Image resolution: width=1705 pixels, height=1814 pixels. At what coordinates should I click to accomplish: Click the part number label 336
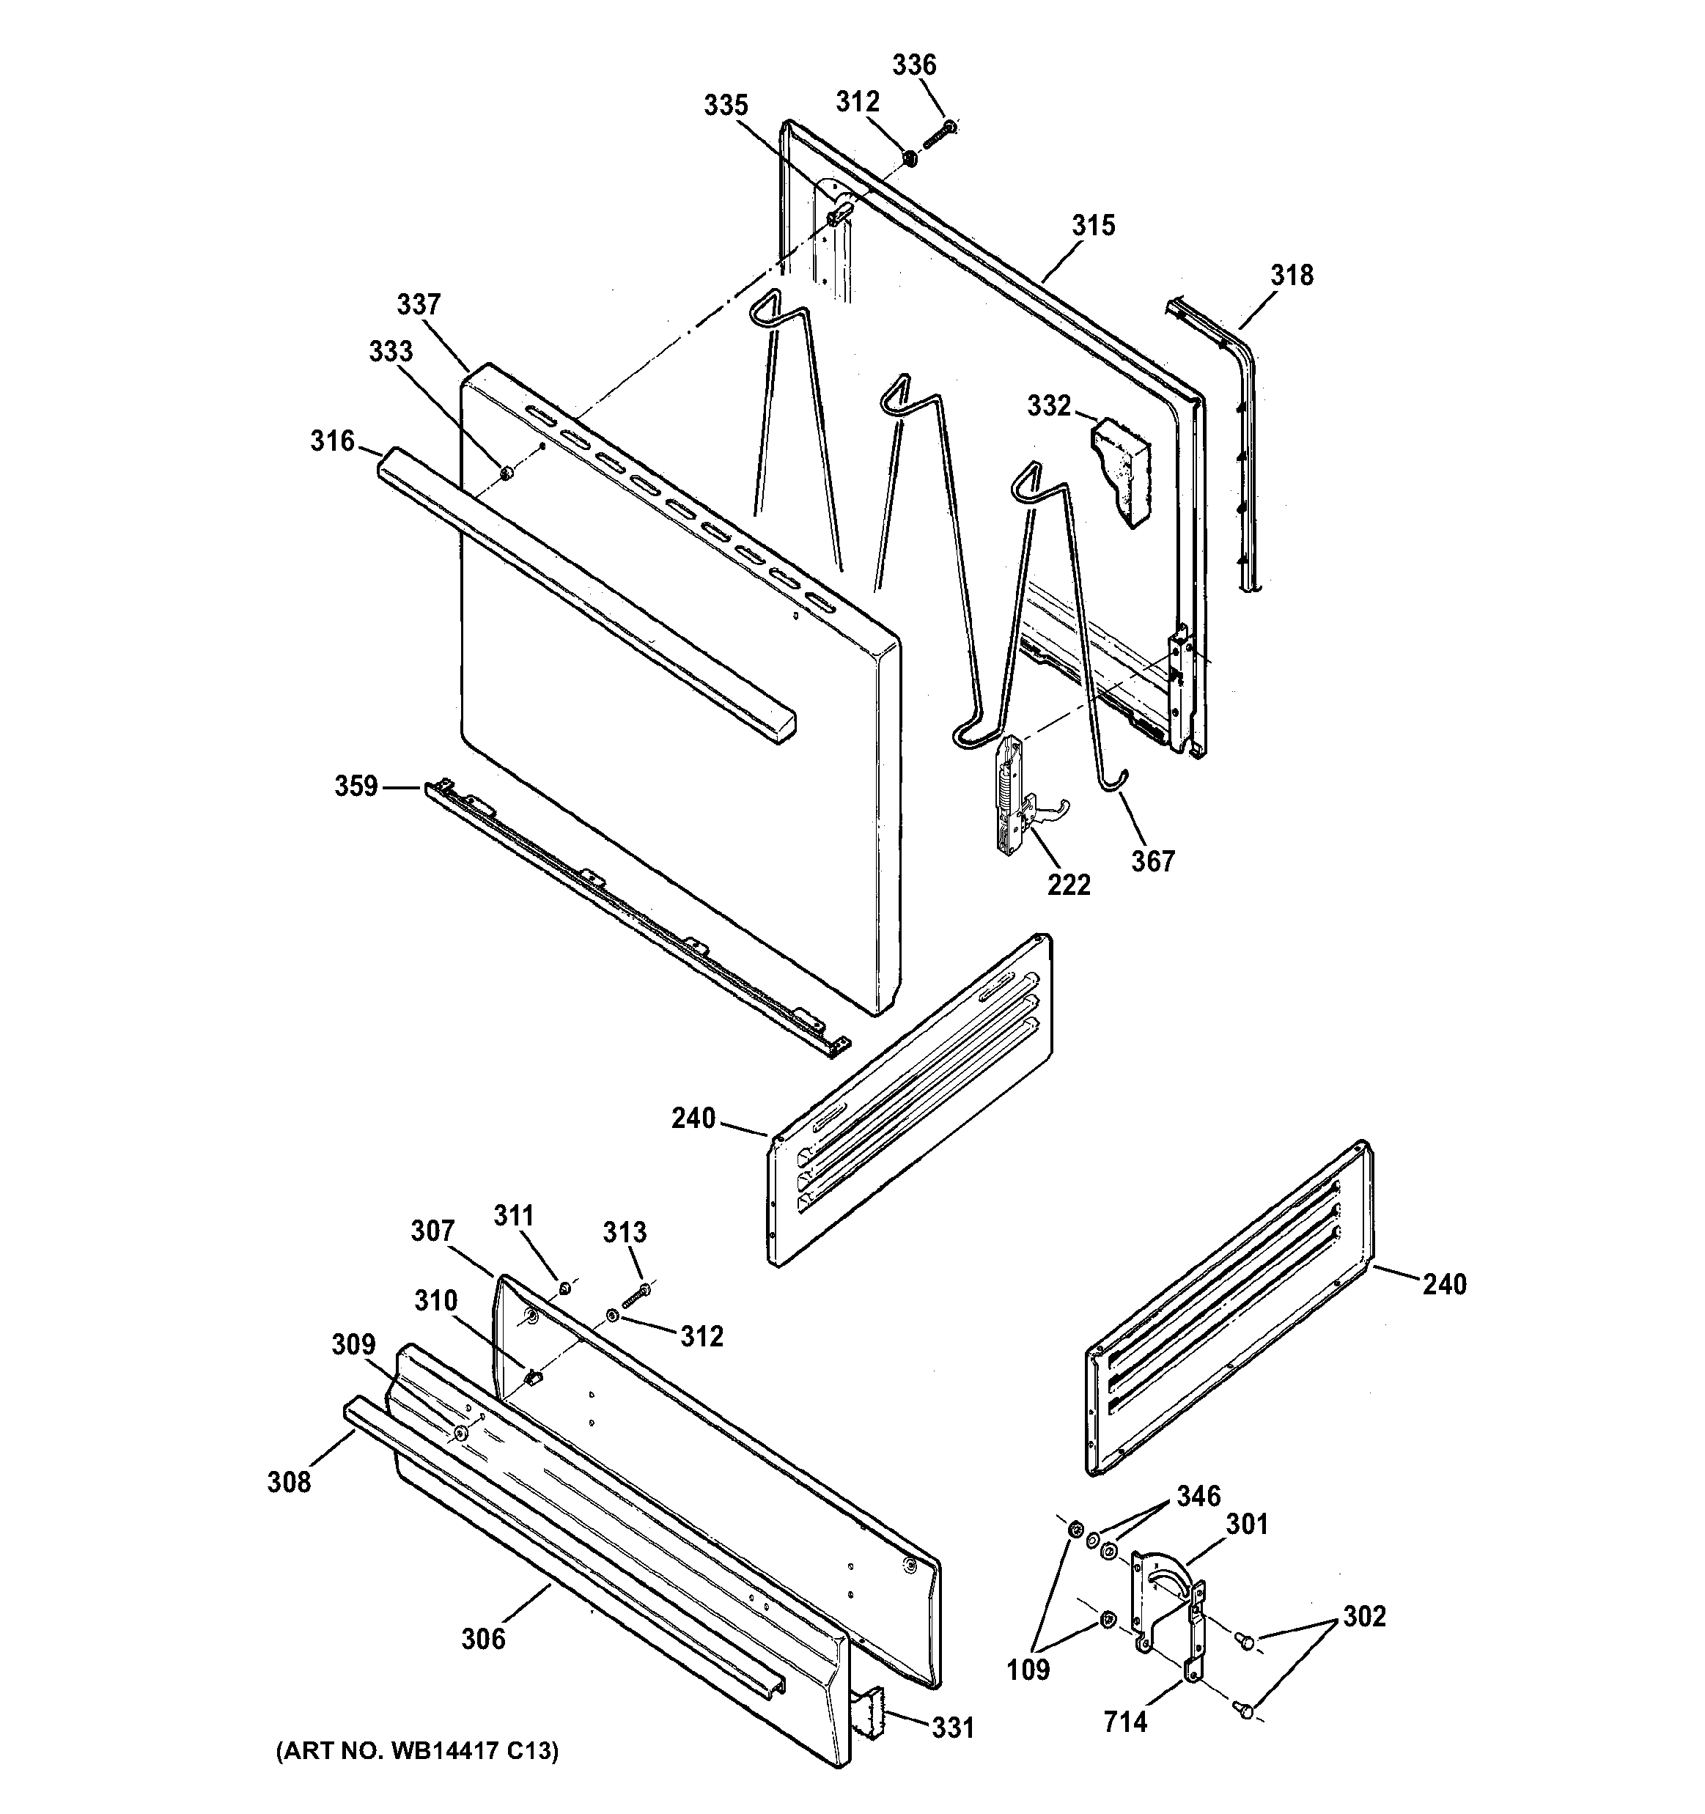click(913, 64)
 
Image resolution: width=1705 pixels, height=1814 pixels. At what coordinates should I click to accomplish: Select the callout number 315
click(1094, 226)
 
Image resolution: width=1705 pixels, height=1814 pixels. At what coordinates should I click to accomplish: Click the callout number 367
click(1153, 860)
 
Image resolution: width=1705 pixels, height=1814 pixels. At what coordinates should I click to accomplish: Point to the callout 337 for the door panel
click(419, 304)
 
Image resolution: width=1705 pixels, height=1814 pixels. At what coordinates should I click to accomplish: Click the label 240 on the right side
click(1445, 1285)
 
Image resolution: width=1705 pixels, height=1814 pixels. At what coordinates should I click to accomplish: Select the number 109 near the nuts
click(1028, 1670)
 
